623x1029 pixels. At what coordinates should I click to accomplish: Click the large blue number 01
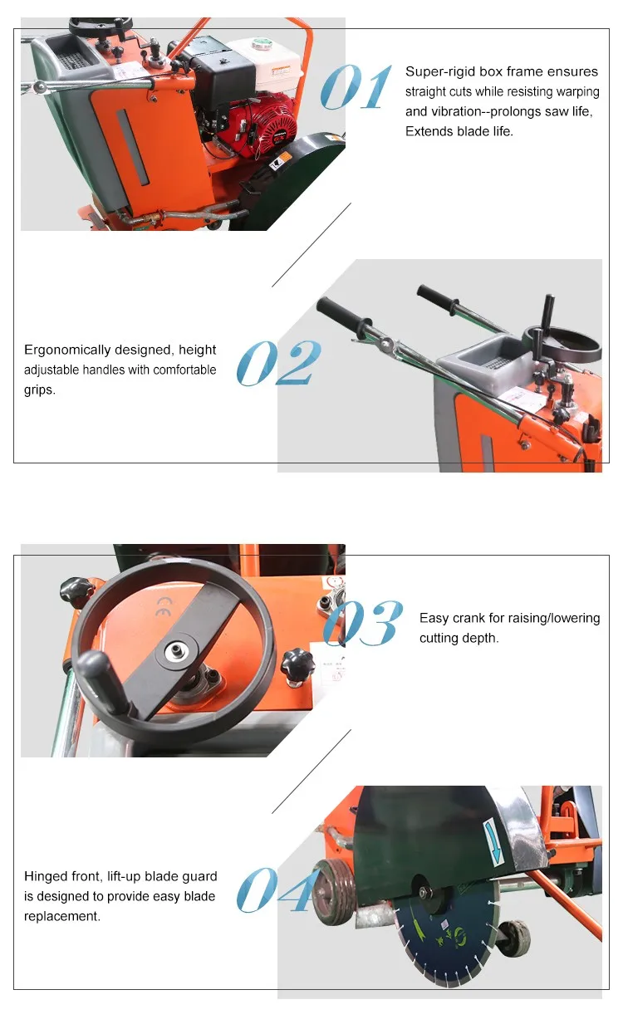(356, 87)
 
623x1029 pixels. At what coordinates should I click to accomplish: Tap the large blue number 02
(278, 363)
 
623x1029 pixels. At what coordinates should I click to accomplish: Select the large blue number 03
(363, 622)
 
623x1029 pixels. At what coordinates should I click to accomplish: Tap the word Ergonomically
(67, 350)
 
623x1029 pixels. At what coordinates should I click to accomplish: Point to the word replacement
(62, 916)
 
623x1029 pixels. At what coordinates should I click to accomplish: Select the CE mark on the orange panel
(164, 606)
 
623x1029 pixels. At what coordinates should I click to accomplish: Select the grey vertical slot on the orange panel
(132, 148)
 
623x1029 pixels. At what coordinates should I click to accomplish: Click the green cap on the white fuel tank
(261, 44)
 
